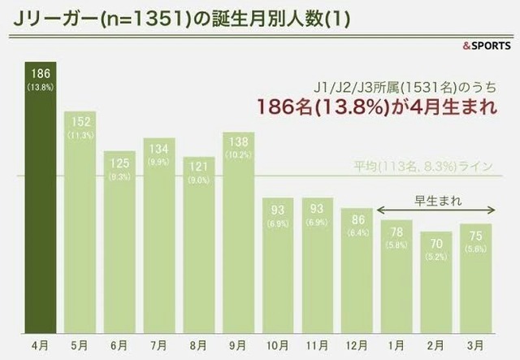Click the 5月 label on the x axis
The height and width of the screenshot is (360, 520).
pyautogui.click(x=80, y=344)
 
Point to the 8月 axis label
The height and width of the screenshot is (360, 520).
pyautogui.click(x=199, y=344)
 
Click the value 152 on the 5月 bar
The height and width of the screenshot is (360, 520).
pyautogui.click(x=80, y=124)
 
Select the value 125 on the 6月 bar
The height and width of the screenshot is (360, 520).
pyautogui.click(x=119, y=163)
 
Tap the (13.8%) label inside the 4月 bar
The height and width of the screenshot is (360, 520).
pyautogui.click(x=40, y=85)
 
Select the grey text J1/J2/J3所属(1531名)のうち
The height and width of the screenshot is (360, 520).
pyautogui.click(x=404, y=86)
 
